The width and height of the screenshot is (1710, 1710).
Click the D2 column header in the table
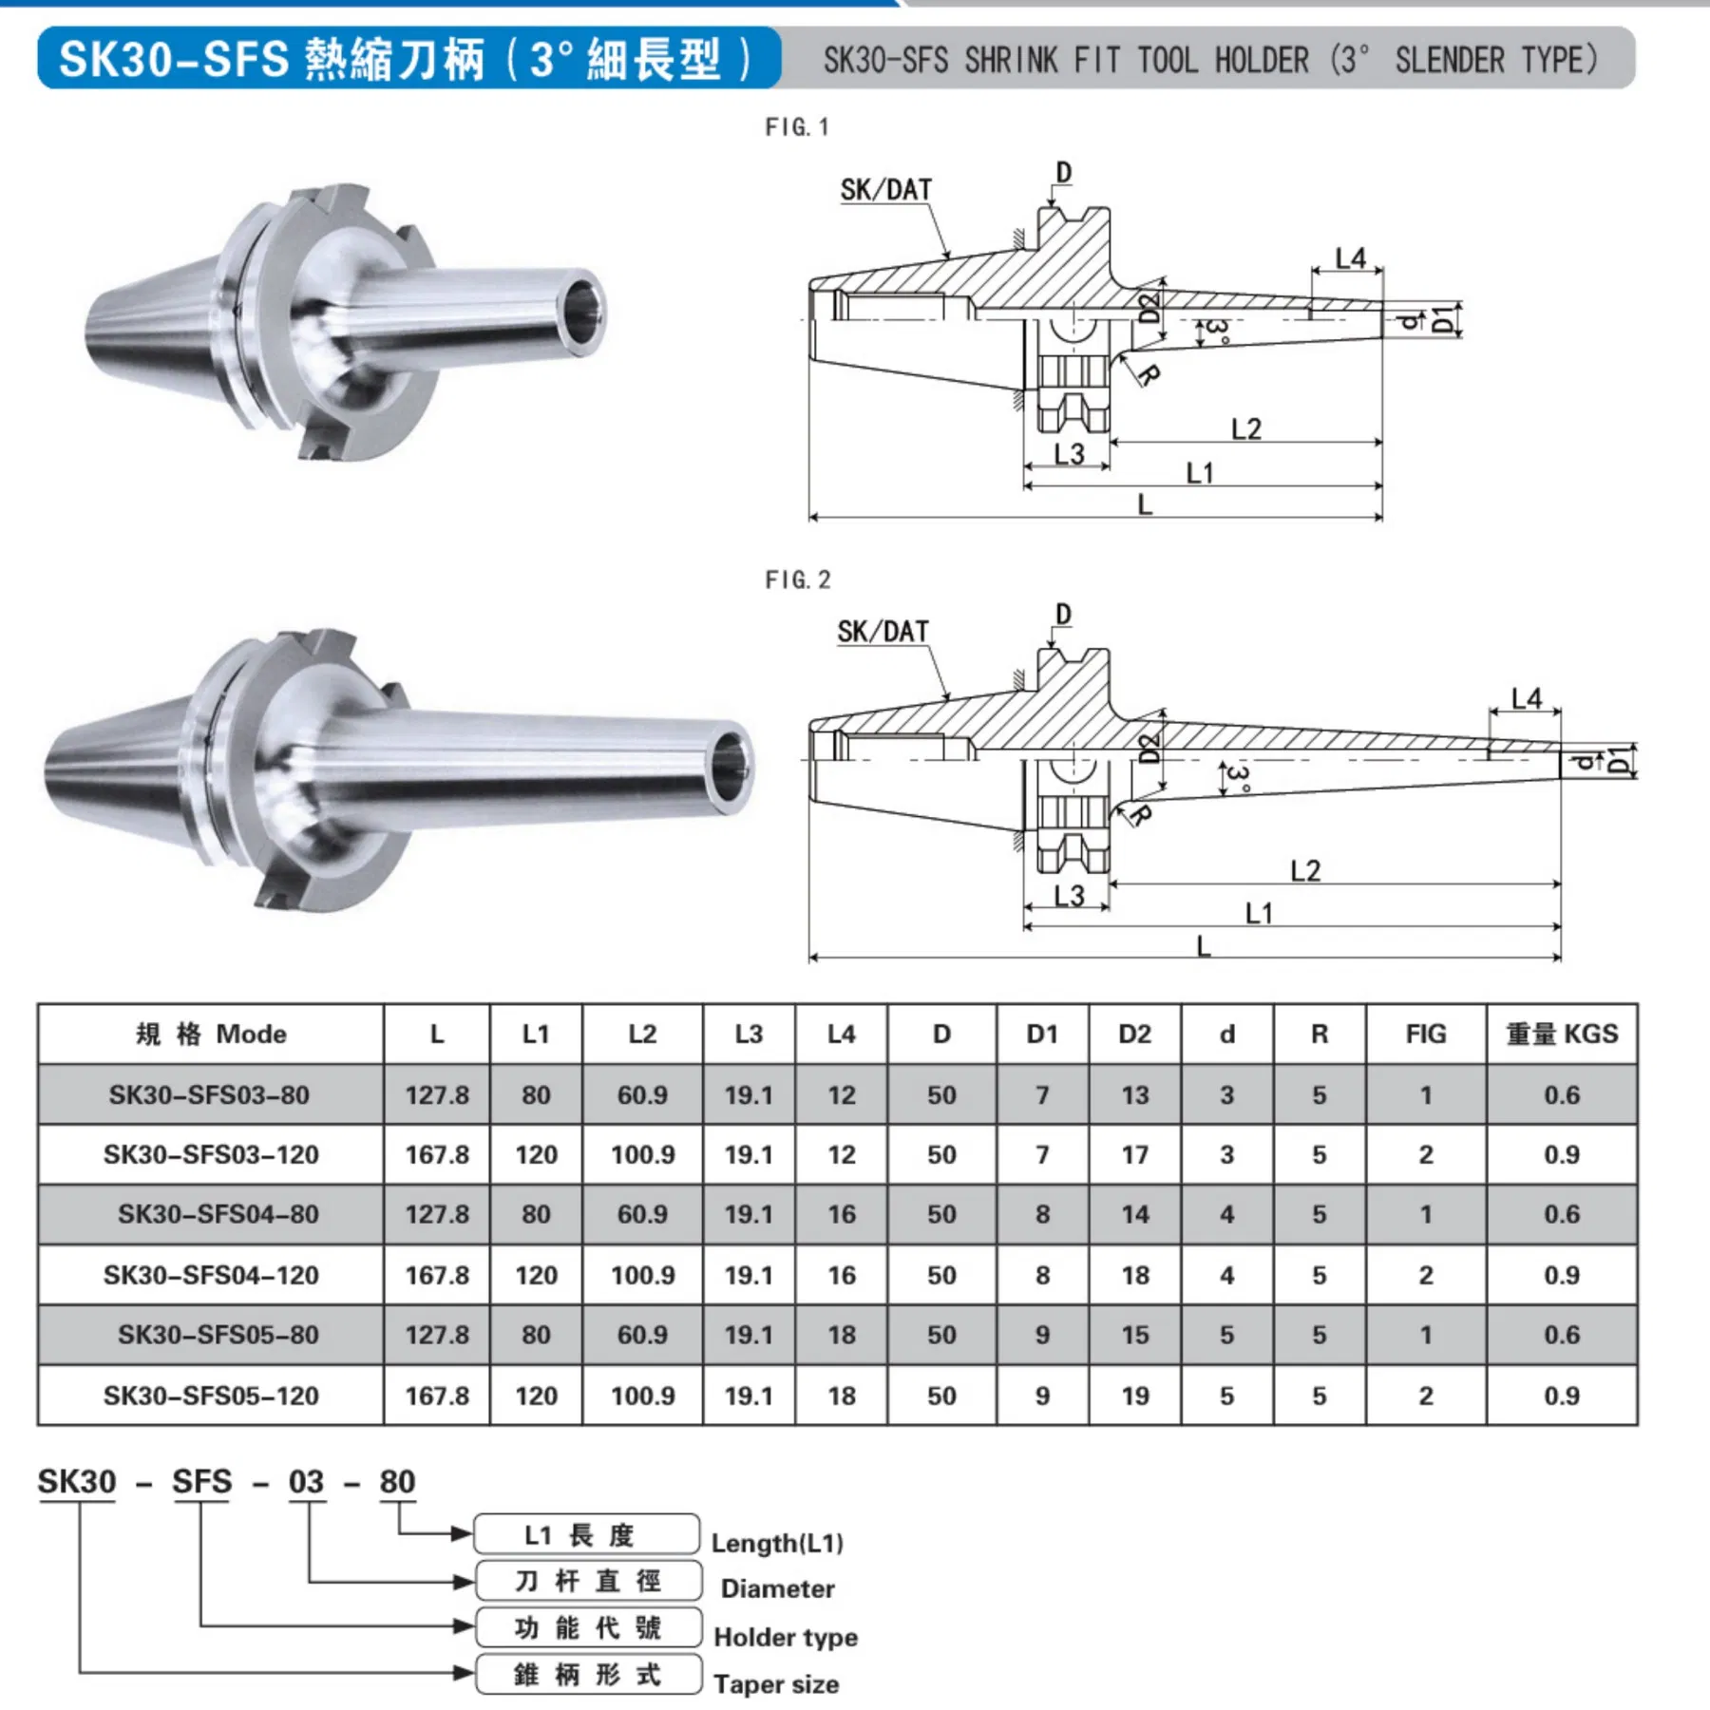(1134, 1034)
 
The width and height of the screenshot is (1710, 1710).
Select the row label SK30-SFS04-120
(211, 1275)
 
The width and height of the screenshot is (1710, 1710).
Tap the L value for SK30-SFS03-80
(437, 1094)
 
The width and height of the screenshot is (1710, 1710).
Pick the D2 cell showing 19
(1134, 1396)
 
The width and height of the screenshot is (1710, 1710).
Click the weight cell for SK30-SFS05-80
(1561, 1335)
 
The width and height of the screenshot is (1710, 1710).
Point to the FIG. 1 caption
(797, 127)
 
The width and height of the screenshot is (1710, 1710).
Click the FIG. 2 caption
(797, 579)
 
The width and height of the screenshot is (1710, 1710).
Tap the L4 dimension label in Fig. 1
(1349, 258)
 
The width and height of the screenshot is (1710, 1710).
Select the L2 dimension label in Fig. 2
(1304, 870)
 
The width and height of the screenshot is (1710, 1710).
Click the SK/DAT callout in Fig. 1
(885, 190)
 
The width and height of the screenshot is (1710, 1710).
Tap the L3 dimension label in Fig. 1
(1069, 454)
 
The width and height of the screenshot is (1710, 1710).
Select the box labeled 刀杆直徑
(587, 1581)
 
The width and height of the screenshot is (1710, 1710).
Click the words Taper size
(776, 1684)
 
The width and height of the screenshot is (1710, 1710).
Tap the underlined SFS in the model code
(201, 1482)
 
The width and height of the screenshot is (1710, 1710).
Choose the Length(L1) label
(777, 1543)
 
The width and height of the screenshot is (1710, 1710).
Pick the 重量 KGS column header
(1561, 1034)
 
